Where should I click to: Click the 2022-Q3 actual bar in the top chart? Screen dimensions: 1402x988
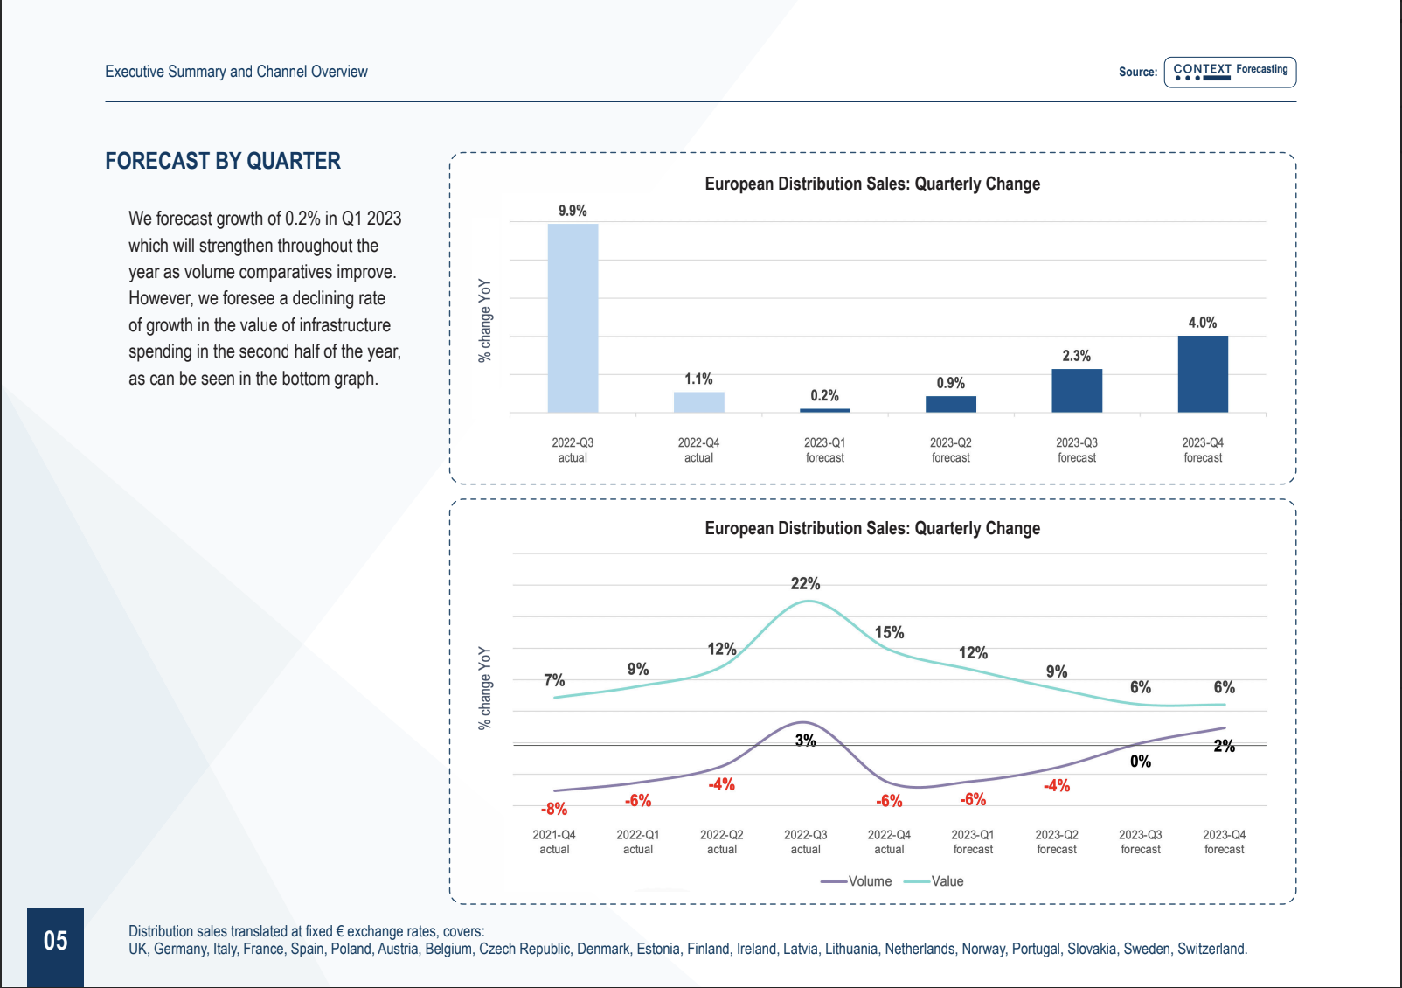pos(573,318)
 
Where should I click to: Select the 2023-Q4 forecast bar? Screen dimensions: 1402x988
pos(1203,374)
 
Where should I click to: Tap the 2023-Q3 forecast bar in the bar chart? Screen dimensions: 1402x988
pos(1077,391)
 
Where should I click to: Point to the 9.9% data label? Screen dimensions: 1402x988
pos(573,211)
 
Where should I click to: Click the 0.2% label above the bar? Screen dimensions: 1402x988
pos(824,396)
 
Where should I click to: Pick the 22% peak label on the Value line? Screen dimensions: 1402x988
pos(805,583)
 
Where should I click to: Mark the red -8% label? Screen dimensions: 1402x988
pos(554,809)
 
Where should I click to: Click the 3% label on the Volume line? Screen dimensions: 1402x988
pos(806,741)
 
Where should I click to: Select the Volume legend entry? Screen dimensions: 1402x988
pos(856,881)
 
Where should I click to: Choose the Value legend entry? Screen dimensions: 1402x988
pos(934,881)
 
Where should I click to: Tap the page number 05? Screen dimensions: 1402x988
pos(55,941)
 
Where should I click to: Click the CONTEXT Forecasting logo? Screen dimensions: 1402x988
pos(1230,72)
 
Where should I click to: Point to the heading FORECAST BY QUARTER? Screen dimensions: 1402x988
pos(223,161)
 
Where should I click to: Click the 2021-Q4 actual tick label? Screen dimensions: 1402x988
pos(554,841)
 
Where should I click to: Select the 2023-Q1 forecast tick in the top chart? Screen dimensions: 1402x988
pos(824,449)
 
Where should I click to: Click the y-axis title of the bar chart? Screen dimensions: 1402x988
pos(484,320)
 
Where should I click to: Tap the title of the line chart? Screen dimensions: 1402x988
pos(871,528)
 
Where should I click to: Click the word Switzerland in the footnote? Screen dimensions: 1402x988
pos(1211,949)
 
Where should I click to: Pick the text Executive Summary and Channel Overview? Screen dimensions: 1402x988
pos(236,72)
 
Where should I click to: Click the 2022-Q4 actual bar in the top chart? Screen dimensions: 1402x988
pos(698,402)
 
